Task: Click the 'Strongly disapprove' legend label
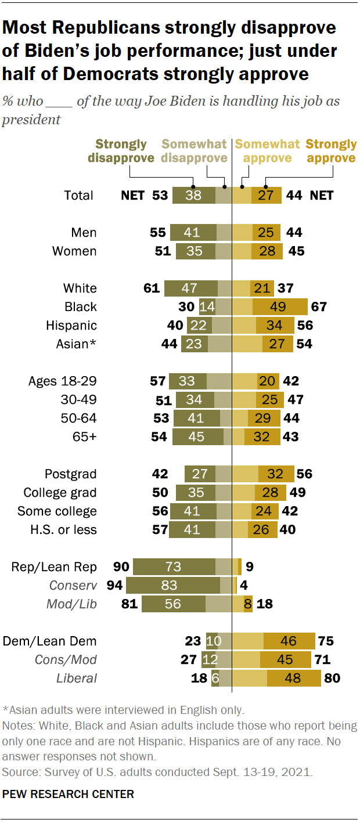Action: [121, 151]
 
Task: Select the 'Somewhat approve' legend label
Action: [268, 151]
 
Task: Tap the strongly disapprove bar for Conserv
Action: [173, 586]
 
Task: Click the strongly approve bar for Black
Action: [289, 307]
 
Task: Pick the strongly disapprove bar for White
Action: [191, 288]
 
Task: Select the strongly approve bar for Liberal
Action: [294, 678]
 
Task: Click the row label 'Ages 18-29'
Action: [63, 381]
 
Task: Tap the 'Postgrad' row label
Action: [71, 474]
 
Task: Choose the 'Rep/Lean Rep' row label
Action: [54, 567]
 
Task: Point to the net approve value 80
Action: [332, 678]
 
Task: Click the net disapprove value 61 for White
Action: [152, 288]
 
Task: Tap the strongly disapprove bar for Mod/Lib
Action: [174, 604]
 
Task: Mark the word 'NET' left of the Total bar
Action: [132, 196]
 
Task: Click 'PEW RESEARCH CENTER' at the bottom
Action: [68, 794]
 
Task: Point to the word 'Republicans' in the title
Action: [99, 28]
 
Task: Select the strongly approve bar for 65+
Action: [262, 437]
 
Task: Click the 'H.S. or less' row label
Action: [64, 530]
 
